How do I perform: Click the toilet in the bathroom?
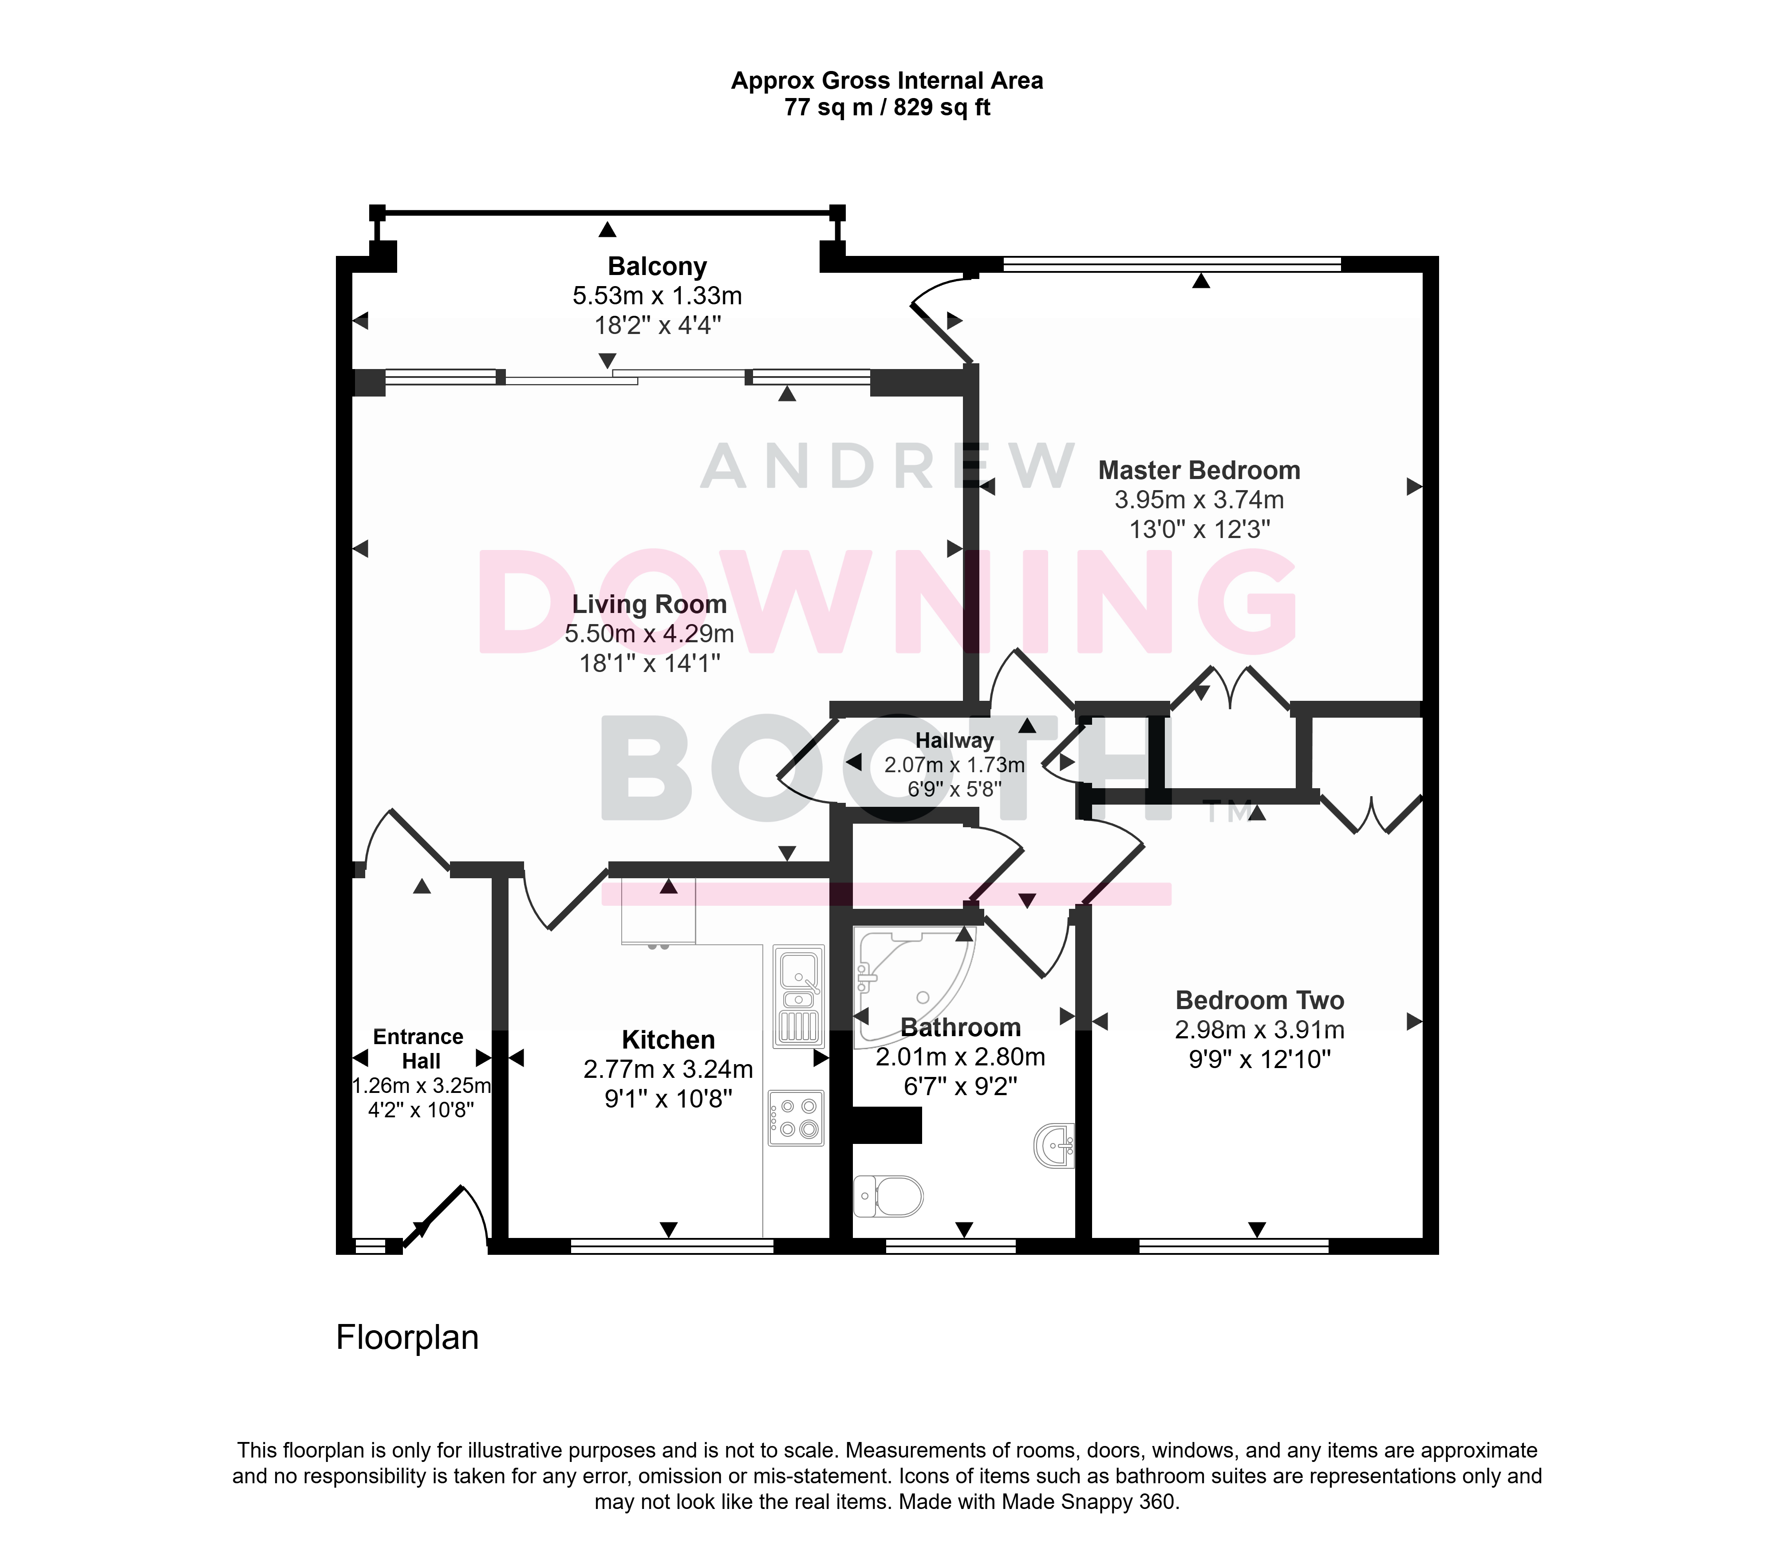tap(887, 1196)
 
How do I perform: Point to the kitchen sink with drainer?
tap(799, 996)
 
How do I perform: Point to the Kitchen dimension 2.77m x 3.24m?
tap(668, 1069)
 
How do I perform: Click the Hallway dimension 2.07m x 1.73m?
tap(954, 765)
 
